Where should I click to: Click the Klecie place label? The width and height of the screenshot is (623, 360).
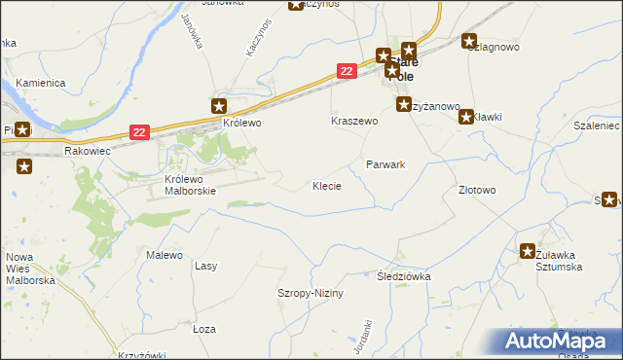[326, 186]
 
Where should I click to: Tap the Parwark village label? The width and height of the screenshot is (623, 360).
[385, 165]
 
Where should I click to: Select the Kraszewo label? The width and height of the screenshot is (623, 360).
[353, 122]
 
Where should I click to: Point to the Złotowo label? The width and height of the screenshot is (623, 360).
[477, 191]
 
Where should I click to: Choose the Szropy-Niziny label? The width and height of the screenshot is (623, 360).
[311, 293]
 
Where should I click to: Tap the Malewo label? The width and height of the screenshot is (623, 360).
[165, 255]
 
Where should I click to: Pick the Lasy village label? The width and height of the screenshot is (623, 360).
[205, 266]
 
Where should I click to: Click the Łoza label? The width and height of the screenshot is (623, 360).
[203, 329]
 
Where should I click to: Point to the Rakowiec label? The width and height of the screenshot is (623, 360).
[89, 152]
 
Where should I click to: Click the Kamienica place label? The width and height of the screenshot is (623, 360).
[39, 84]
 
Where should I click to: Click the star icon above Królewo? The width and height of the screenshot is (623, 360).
[220, 106]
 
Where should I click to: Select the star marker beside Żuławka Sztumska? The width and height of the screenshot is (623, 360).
[528, 250]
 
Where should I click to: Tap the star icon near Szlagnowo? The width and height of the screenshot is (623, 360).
[470, 42]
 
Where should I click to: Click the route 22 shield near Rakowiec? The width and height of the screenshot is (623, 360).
[140, 131]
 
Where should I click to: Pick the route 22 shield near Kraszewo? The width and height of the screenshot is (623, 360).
[347, 71]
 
